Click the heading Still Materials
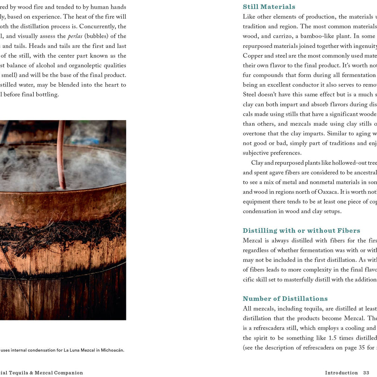[x=269, y=7]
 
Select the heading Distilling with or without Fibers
[x=301, y=231]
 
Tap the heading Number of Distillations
[x=285, y=299]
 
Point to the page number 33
[x=366, y=372]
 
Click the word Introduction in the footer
[x=341, y=372]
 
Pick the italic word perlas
[x=75, y=36]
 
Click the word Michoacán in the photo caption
[x=111, y=350]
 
